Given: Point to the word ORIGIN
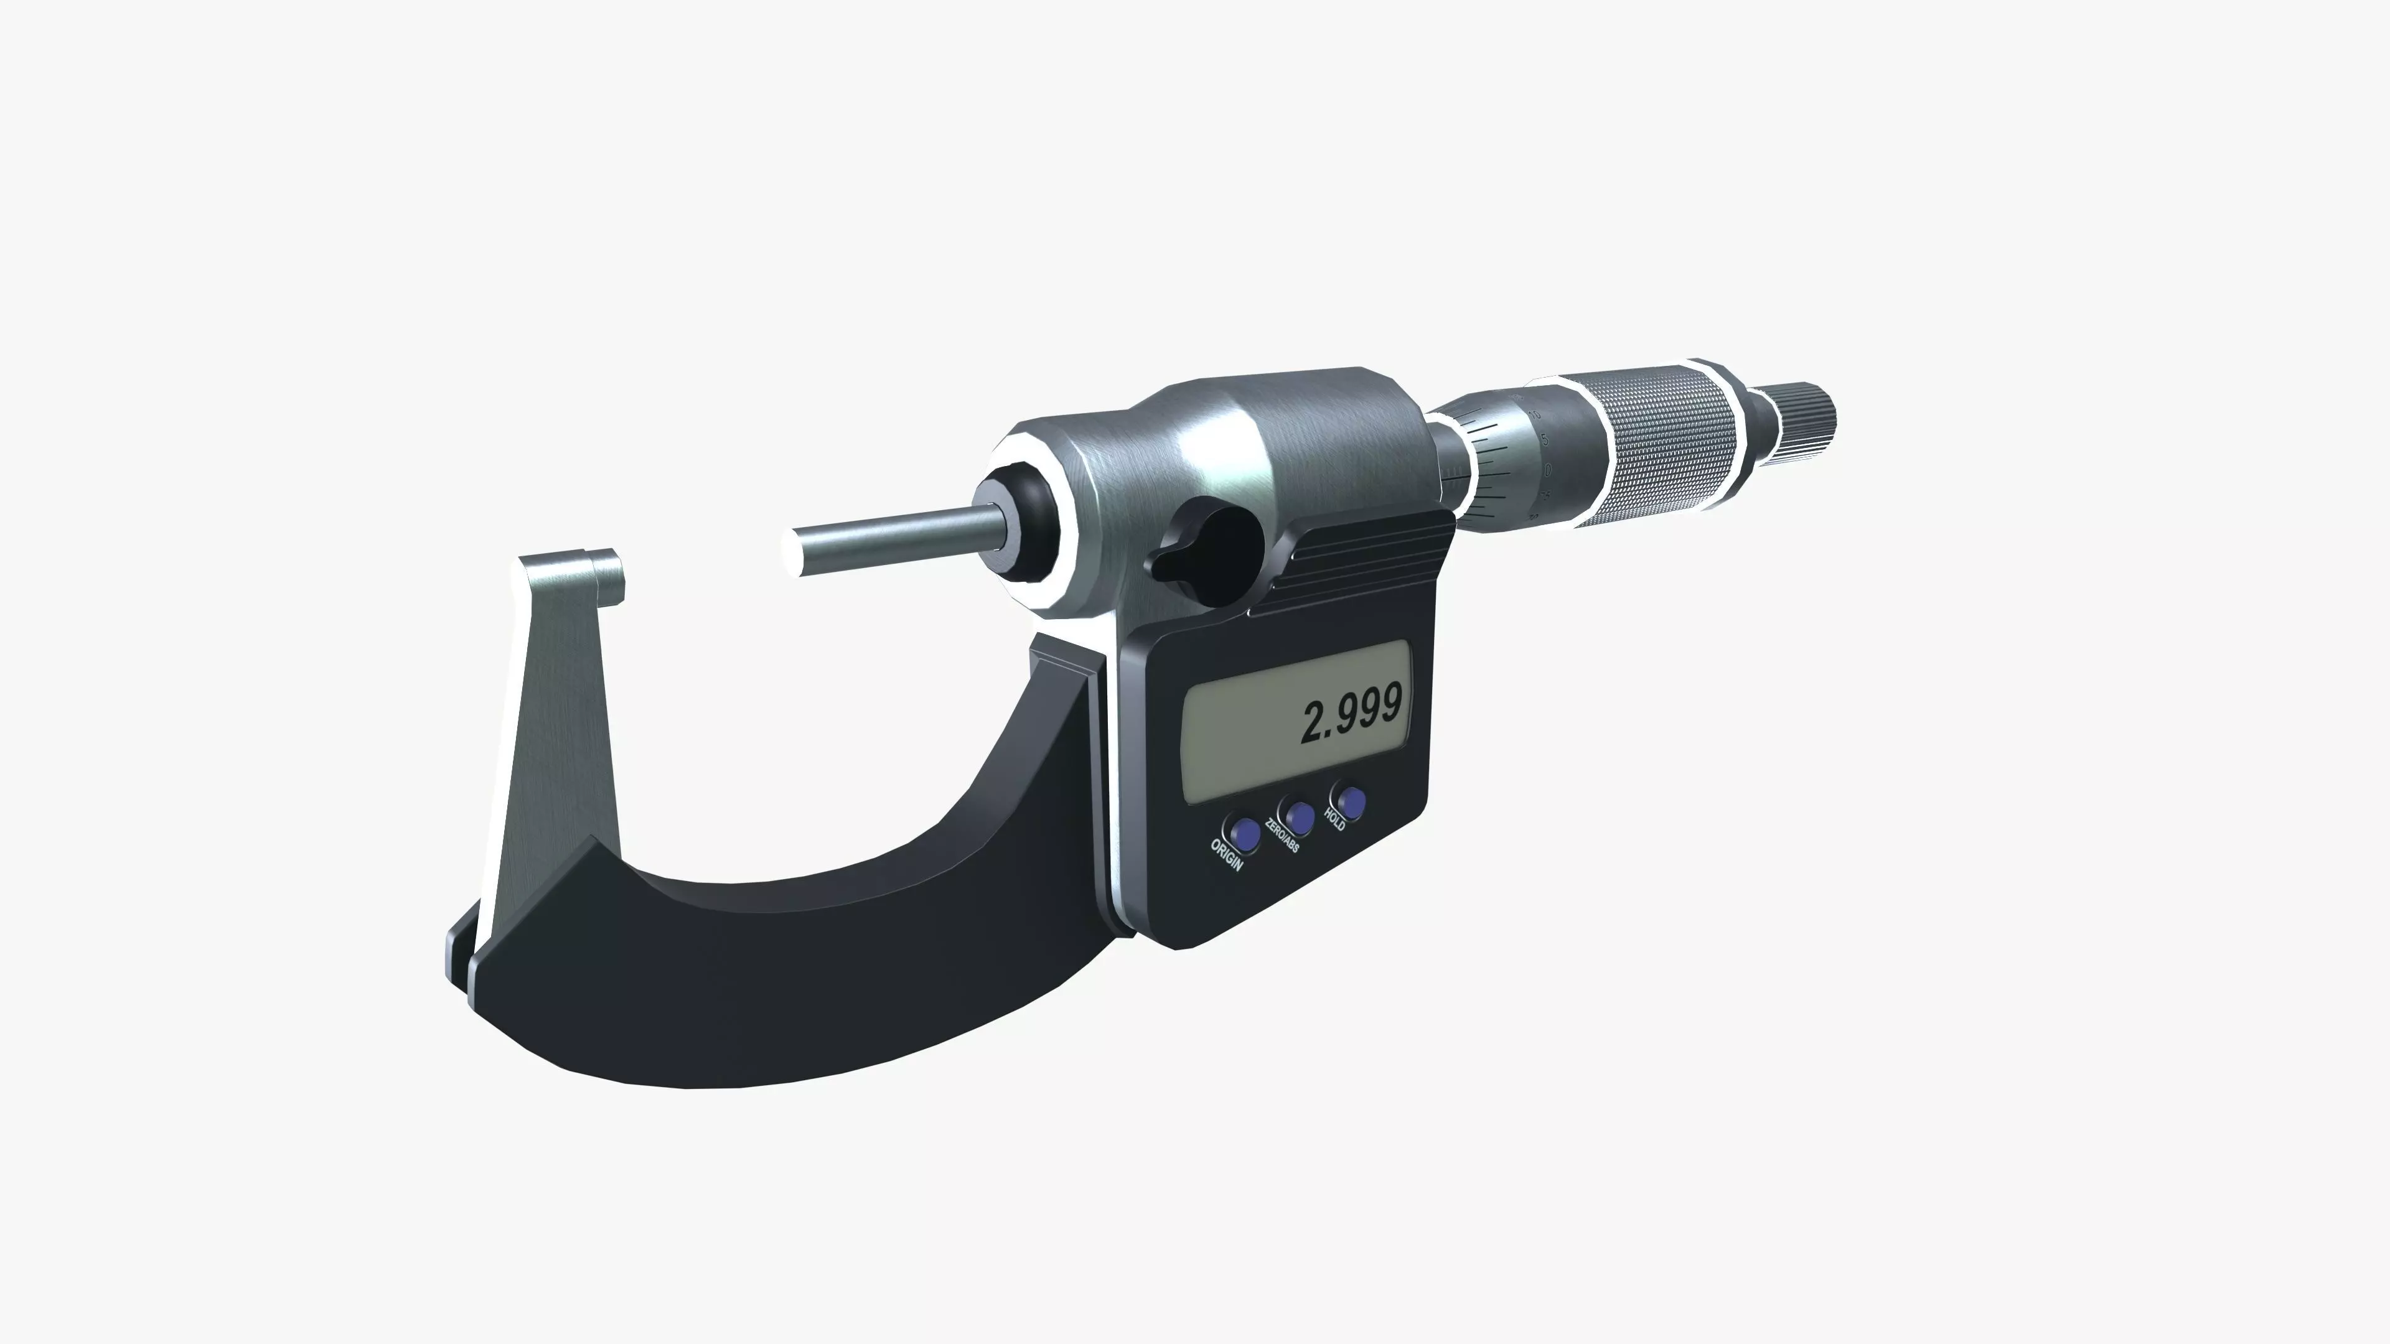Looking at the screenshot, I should tap(1225, 855).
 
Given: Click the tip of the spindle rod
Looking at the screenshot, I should tap(796, 554).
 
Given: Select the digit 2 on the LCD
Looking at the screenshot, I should tap(1313, 724).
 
